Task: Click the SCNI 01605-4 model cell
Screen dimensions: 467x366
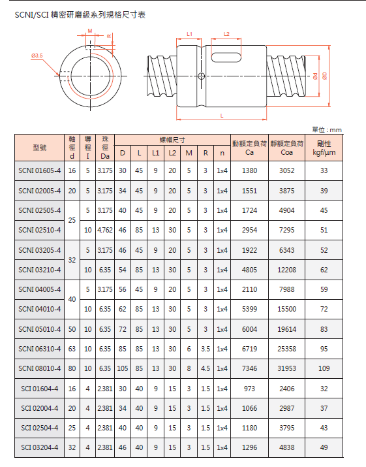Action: click(x=39, y=170)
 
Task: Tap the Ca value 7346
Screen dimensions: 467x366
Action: click(x=250, y=369)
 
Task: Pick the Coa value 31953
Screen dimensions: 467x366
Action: click(x=287, y=369)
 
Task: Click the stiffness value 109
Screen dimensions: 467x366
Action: click(x=324, y=369)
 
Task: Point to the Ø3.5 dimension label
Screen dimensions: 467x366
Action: click(x=37, y=56)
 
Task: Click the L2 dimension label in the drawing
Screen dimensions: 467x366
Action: click(x=226, y=33)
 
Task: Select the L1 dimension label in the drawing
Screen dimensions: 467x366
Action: click(x=190, y=33)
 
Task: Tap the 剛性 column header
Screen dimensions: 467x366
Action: click(x=324, y=148)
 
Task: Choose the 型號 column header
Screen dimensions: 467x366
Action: click(x=39, y=148)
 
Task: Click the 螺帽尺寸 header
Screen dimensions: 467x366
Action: click(x=172, y=140)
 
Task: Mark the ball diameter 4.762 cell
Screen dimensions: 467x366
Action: click(x=104, y=230)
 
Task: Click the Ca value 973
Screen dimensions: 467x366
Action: click(x=250, y=389)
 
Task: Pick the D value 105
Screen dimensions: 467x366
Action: click(x=122, y=369)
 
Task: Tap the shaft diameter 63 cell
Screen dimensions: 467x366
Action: click(x=72, y=349)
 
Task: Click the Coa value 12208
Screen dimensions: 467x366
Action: click(x=287, y=269)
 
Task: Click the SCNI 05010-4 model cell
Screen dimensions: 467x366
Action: click(x=39, y=329)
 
